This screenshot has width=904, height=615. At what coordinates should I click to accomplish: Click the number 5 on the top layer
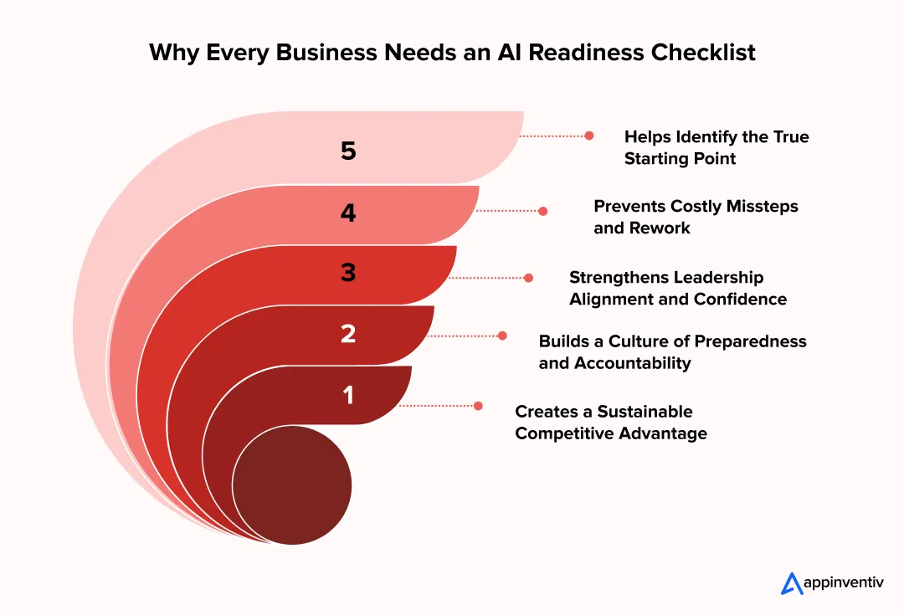(x=348, y=151)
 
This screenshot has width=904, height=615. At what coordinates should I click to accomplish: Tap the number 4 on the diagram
(x=348, y=213)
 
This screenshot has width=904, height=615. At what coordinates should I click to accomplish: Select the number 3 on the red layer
(x=348, y=274)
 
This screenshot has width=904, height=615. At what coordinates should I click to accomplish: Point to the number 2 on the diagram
(x=348, y=334)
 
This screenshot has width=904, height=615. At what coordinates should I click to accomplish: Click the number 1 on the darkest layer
(x=348, y=394)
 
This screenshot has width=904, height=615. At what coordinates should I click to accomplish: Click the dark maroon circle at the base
(x=291, y=484)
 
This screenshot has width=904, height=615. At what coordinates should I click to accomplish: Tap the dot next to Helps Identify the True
(x=589, y=136)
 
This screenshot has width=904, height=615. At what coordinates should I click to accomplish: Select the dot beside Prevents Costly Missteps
(x=543, y=212)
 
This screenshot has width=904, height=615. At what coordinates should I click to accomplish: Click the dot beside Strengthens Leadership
(x=528, y=278)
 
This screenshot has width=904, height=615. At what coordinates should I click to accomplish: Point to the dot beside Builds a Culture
(x=502, y=336)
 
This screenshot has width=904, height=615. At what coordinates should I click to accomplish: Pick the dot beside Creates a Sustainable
(x=478, y=406)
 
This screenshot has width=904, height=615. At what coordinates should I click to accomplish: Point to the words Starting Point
(x=680, y=158)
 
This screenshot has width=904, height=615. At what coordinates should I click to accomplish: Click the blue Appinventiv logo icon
(x=792, y=583)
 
